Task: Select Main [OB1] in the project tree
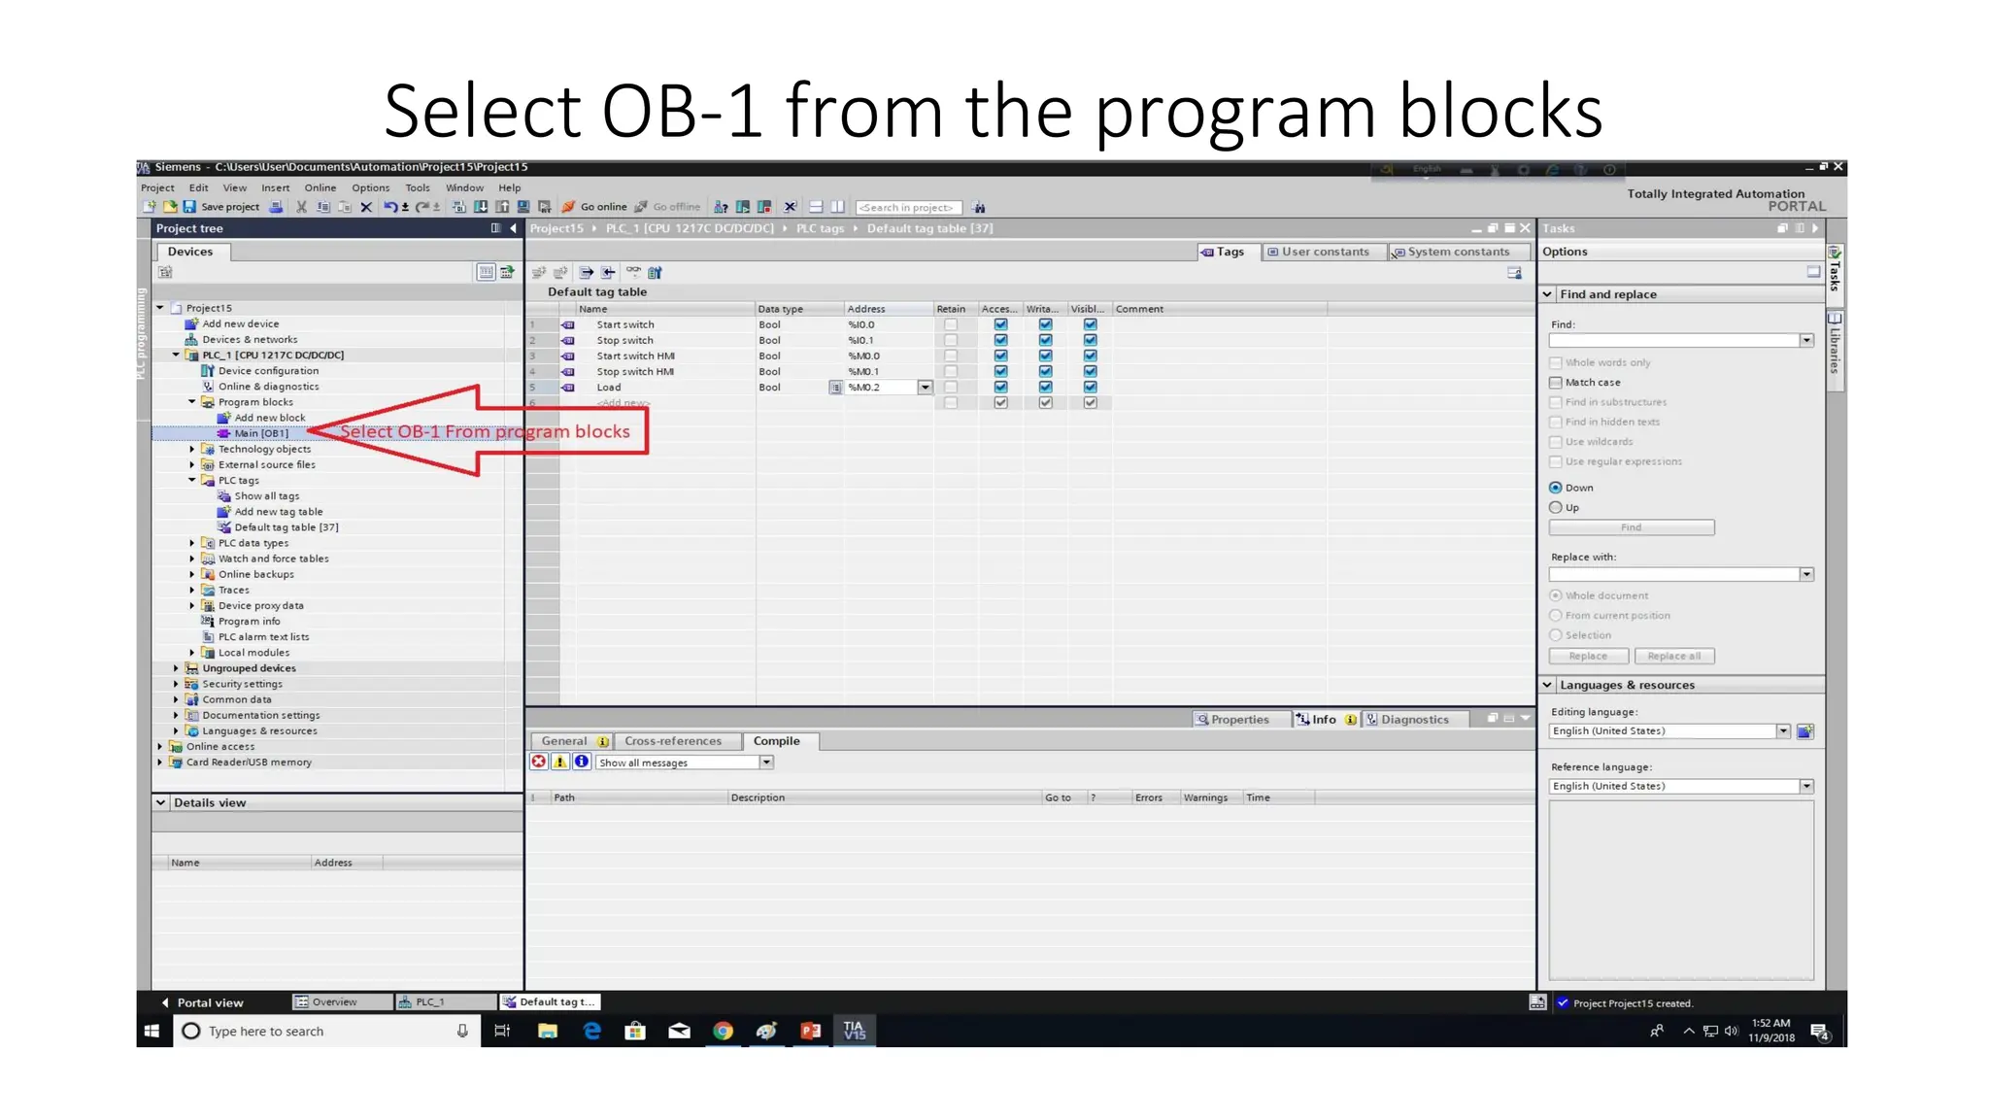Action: click(260, 433)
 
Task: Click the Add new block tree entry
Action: click(269, 418)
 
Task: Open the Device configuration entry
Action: click(268, 371)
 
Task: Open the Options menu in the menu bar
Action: click(370, 188)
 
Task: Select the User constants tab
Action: click(1324, 252)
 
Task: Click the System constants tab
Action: click(1457, 252)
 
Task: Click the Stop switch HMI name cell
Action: click(635, 372)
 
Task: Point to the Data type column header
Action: click(780, 309)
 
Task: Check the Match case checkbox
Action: click(1556, 383)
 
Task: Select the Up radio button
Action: click(1556, 508)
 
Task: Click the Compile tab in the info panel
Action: click(776, 741)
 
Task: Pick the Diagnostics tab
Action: click(1413, 720)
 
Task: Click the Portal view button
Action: click(209, 1002)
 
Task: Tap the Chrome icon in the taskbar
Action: click(723, 1031)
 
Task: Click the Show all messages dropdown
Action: click(685, 763)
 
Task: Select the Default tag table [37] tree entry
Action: click(286, 527)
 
